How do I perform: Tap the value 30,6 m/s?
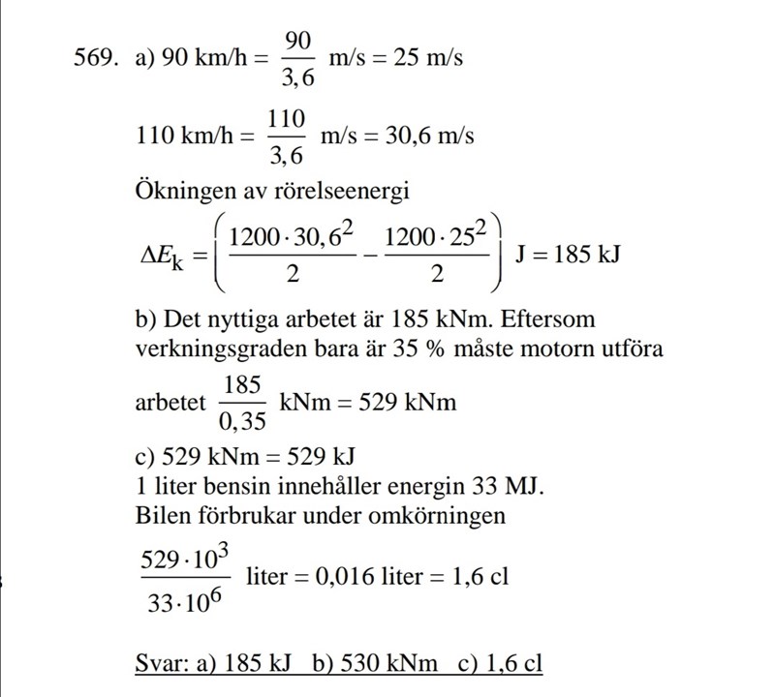click(x=430, y=136)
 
